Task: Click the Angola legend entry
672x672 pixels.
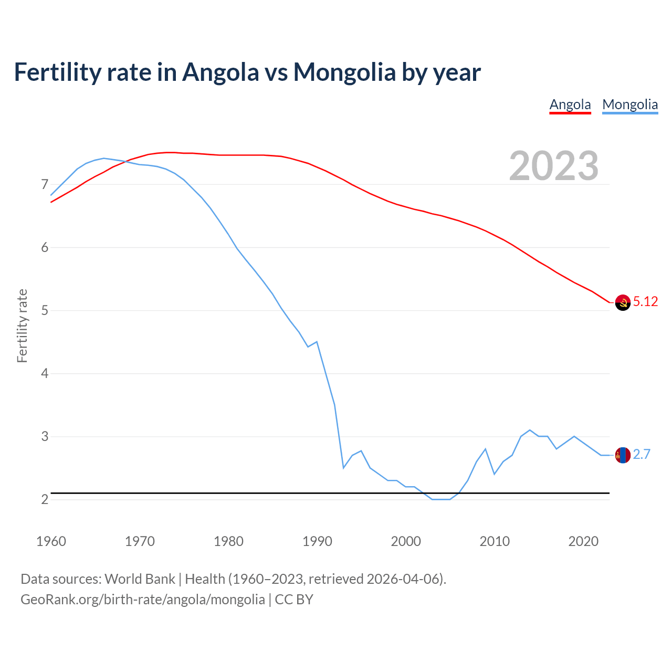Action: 570,104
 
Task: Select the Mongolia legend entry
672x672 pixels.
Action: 630,104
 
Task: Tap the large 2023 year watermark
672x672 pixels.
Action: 554,166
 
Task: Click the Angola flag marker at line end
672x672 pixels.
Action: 623,302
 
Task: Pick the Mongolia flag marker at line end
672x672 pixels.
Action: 623,455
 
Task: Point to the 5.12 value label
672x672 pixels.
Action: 645,301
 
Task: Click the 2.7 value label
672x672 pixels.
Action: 642,455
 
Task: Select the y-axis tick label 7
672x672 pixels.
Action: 45,184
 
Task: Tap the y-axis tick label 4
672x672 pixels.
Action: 45,373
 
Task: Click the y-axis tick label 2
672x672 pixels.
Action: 45,499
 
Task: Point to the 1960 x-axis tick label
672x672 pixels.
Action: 51,541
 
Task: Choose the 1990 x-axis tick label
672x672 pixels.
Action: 317,541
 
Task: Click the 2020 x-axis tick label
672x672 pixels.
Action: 583,541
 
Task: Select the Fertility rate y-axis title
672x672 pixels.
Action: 22,325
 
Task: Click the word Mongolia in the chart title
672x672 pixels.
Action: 344,72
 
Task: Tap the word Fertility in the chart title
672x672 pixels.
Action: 57,72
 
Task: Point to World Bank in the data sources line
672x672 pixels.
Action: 140,579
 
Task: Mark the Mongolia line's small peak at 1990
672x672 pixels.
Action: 317,342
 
